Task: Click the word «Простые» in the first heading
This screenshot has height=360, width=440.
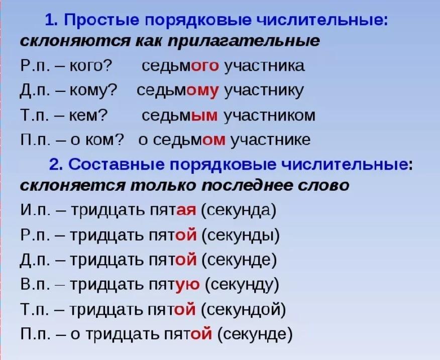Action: pyautogui.click(x=101, y=21)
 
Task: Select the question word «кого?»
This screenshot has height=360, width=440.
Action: pyautogui.click(x=90, y=66)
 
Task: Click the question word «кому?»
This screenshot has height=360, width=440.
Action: pyautogui.click(x=92, y=91)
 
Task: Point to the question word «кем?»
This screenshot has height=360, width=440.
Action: pyautogui.click(x=88, y=115)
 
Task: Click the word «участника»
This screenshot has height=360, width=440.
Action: pyautogui.click(x=264, y=66)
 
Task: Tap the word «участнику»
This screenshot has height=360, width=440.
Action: pyautogui.click(x=264, y=91)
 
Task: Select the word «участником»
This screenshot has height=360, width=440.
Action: pyautogui.click(x=270, y=115)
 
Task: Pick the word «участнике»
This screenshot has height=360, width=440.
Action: pyautogui.click(x=271, y=140)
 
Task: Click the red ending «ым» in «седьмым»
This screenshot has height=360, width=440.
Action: pyautogui.click(x=204, y=115)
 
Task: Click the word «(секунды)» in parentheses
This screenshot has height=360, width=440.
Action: pyautogui.click(x=241, y=235)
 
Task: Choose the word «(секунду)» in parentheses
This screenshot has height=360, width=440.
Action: pyautogui.click(x=242, y=285)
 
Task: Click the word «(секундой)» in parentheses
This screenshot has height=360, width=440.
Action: pyautogui.click(x=244, y=309)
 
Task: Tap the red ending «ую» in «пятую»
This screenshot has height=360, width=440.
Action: pyautogui.click(x=187, y=285)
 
